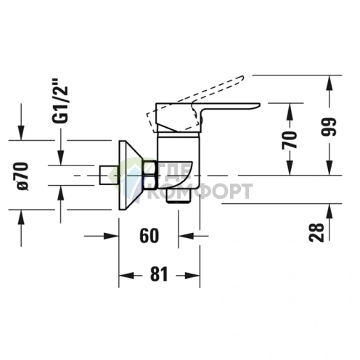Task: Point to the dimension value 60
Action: (x=150, y=235)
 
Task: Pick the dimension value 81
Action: (x=160, y=274)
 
